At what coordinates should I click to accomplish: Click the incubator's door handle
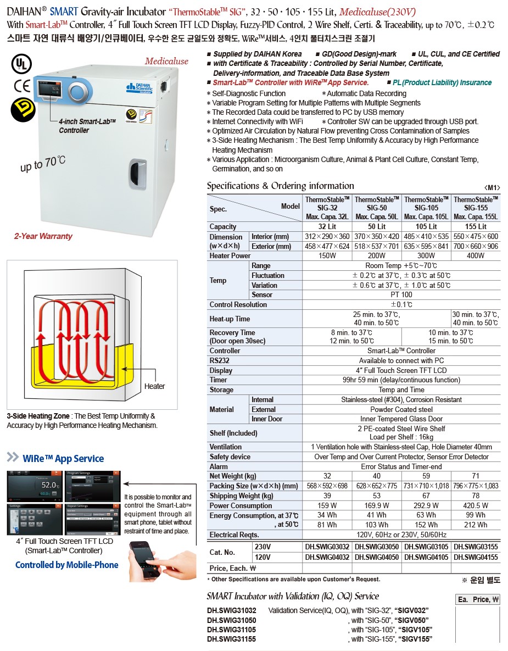pos(136,168)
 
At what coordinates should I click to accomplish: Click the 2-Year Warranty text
pos(43,236)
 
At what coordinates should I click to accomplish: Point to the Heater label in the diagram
pos(154,386)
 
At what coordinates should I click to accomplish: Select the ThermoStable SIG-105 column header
pos(426,208)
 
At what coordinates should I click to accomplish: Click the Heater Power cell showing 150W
pos(327,255)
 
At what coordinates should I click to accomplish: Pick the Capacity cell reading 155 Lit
pos(476,226)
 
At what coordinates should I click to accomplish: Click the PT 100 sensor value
pos(401,295)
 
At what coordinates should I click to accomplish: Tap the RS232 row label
pos(220,360)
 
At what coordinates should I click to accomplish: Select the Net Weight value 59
pos(426,476)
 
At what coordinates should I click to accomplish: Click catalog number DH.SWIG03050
pos(377,547)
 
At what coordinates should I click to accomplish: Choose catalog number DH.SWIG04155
pos(476,557)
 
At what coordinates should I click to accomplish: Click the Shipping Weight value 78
pos(476,496)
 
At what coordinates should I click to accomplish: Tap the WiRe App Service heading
pos(63,459)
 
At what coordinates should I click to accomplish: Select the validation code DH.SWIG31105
pos(232,630)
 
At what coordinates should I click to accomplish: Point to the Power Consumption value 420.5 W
pos(476,505)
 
